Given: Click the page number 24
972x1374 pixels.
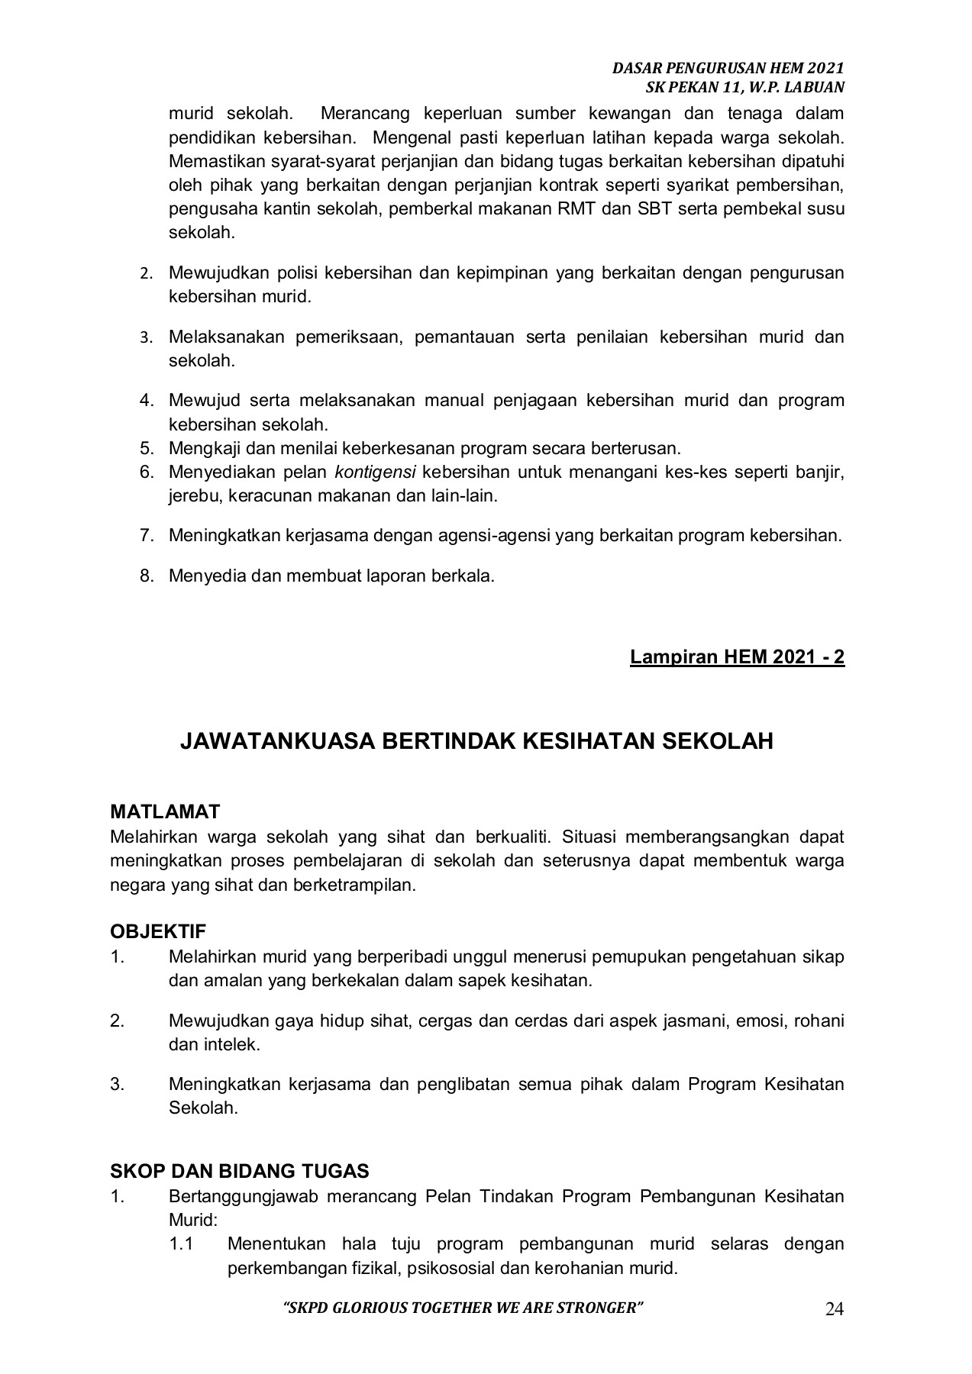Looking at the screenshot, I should (x=835, y=1310).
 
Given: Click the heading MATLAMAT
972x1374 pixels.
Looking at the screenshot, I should (x=165, y=811).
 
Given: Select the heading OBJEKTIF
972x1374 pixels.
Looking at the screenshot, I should (x=158, y=931).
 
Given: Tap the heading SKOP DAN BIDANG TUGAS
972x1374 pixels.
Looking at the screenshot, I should (x=240, y=1170).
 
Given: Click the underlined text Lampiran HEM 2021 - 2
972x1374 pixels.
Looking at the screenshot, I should (x=737, y=656).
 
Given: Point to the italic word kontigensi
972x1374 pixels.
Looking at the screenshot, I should (x=375, y=472).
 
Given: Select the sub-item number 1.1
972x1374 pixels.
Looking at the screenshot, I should (x=181, y=1243).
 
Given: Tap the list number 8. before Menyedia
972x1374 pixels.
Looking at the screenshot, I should (x=147, y=575).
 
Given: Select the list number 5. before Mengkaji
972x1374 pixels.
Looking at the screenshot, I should (x=147, y=448).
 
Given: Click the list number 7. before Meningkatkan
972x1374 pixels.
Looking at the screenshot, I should (x=147, y=535).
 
